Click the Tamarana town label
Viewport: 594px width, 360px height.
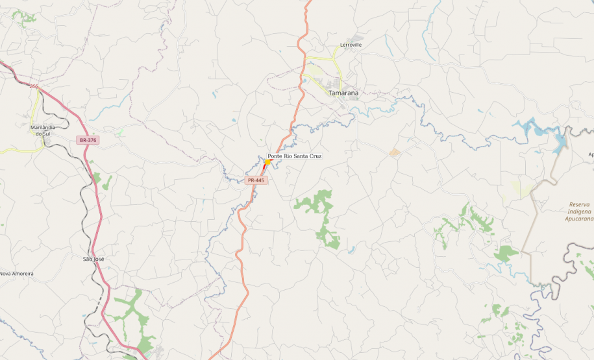tap(343, 93)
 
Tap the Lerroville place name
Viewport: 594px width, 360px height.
tap(350, 45)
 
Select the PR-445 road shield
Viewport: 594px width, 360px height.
tap(256, 180)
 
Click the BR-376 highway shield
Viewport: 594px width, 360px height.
tap(88, 140)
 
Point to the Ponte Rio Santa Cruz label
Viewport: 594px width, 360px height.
tap(294, 156)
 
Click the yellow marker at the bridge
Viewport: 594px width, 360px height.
tap(267, 162)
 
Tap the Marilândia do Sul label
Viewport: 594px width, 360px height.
tap(43, 130)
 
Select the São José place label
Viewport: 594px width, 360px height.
tap(93, 259)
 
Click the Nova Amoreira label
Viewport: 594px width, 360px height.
tap(17, 274)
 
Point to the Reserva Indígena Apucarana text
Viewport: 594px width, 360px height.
tap(578, 211)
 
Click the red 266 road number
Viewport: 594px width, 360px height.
tap(34, 86)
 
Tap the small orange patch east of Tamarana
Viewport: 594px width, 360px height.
tap(394, 152)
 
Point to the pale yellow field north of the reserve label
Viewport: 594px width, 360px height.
tap(523, 188)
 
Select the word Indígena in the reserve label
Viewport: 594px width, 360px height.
tap(578, 211)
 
